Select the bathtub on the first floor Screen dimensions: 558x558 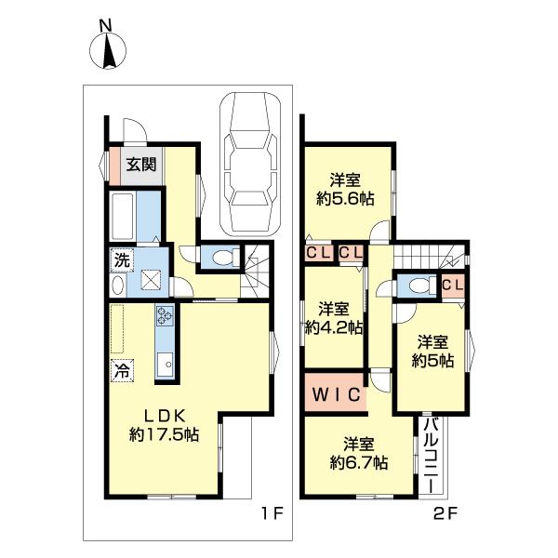[x=123, y=216]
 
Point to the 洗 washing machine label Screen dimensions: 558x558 [x=121, y=261]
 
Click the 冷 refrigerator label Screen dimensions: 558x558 [x=122, y=370]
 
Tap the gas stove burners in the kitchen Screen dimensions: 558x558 [x=166, y=316]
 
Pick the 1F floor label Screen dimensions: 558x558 [x=271, y=512]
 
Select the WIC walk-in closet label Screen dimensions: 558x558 [x=335, y=393]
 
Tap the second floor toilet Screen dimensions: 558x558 [x=418, y=286]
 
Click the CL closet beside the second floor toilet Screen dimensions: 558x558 [x=454, y=285]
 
